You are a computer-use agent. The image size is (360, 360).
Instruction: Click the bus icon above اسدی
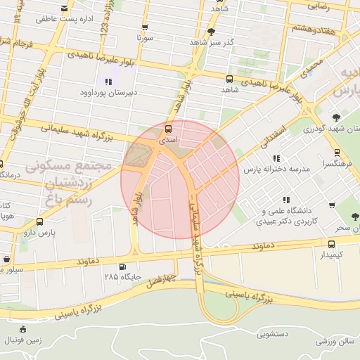tap(167, 129)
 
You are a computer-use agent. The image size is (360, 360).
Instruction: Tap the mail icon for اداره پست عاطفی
tap(65, 8)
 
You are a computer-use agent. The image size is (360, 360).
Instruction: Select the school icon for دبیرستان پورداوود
tap(108, 82)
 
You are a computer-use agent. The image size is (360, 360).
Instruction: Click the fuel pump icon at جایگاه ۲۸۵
tap(124, 266)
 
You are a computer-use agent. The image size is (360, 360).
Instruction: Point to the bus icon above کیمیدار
tap(331, 244)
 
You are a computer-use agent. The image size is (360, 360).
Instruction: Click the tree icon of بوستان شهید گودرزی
tap(335, 117)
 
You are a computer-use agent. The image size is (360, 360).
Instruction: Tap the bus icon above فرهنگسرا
tap(337, 152)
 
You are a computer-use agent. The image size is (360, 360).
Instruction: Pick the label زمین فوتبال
tap(24, 340)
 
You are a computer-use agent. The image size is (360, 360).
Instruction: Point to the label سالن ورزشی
tap(336, 341)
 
